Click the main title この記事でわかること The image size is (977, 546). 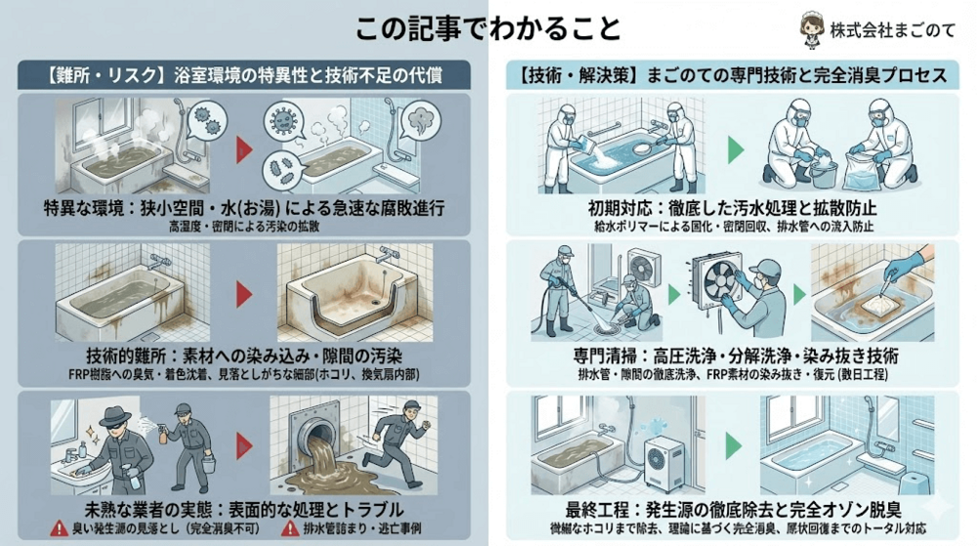click(x=488, y=27)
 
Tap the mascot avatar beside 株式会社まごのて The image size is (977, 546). click(x=811, y=26)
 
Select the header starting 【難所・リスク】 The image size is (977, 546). click(x=244, y=74)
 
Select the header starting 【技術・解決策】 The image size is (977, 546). click(x=734, y=74)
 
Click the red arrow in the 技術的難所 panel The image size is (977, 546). click(x=245, y=292)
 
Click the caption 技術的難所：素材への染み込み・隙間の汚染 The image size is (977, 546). click(x=244, y=353)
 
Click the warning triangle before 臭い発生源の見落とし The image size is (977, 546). click(x=61, y=528)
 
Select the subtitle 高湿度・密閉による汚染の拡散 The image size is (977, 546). click(x=244, y=226)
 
